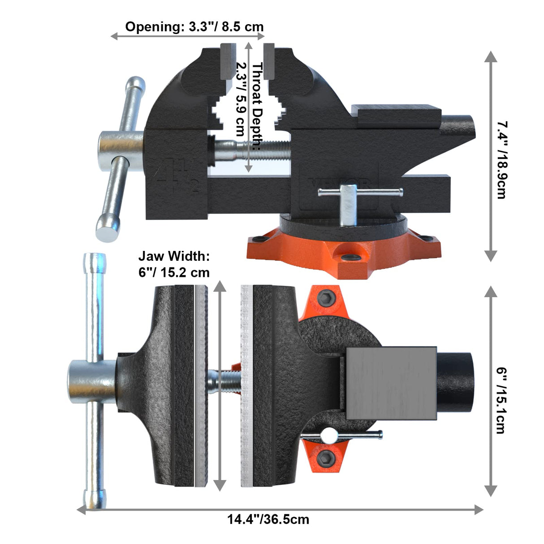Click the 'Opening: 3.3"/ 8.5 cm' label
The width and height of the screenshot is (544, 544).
194,26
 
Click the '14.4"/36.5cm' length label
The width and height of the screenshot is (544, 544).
268,520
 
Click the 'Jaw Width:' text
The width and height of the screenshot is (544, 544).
174,256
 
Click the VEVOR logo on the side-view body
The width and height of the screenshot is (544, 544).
341,182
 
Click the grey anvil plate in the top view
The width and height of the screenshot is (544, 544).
391,383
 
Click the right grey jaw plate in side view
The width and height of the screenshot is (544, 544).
269,60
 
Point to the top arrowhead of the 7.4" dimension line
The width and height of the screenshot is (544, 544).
491,56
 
